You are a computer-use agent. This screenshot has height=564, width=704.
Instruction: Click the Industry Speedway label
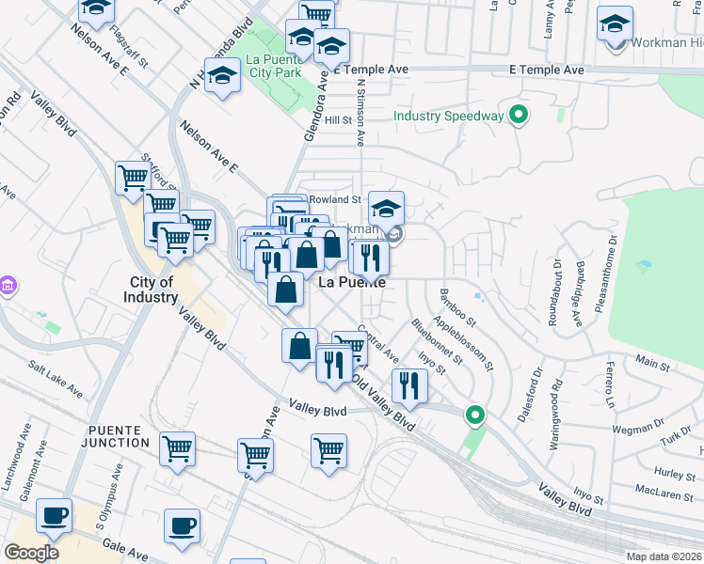(448, 117)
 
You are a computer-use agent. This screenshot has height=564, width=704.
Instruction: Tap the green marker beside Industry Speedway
(517, 117)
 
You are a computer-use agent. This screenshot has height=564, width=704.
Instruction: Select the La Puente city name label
(352, 282)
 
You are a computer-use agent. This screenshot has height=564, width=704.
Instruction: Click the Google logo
(31, 553)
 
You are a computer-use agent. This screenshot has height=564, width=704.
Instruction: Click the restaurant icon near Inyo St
(409, 384)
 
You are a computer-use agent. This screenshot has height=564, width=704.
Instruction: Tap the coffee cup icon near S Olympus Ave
(54, 515)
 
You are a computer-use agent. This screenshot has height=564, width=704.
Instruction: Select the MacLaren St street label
(664, 490)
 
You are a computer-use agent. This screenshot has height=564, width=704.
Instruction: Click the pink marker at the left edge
(7, 285)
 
